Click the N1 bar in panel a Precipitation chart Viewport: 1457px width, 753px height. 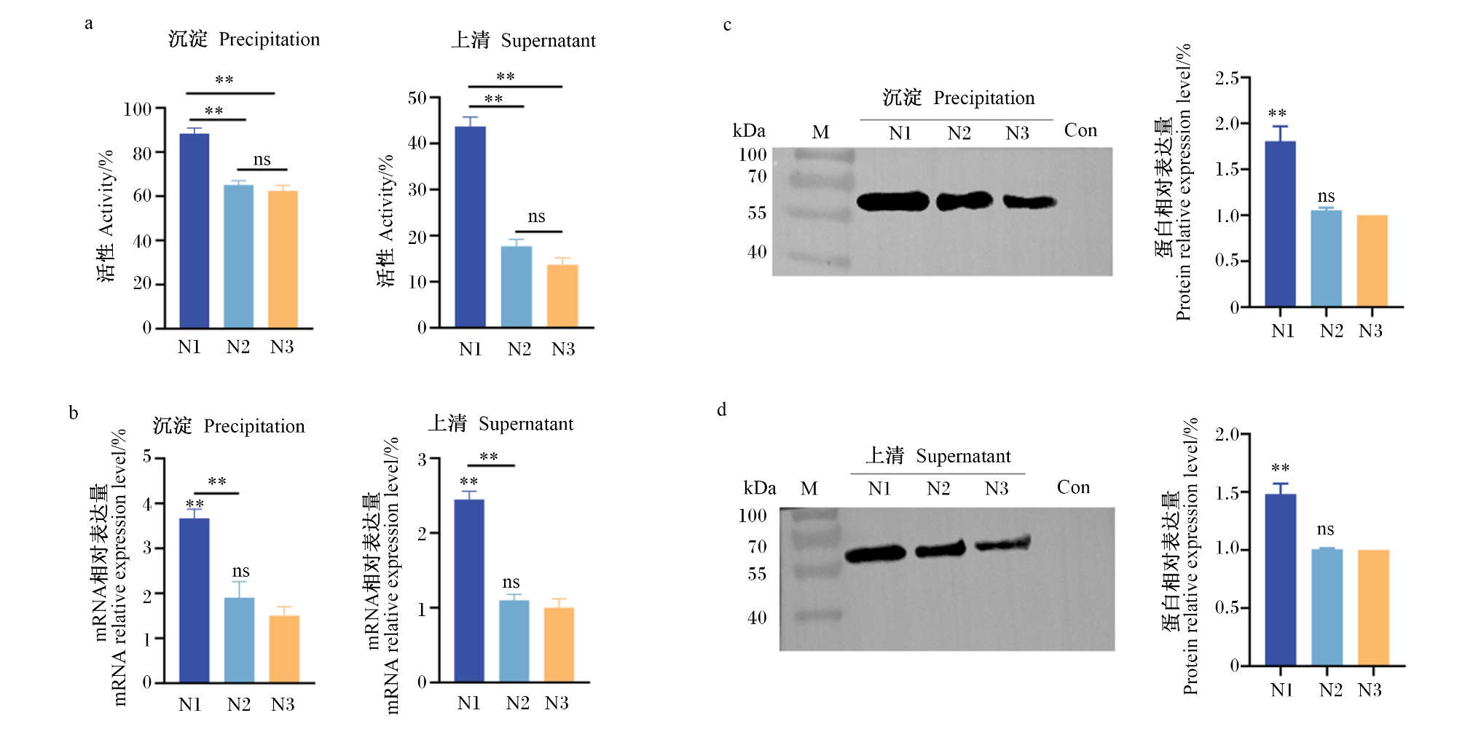(194, 231)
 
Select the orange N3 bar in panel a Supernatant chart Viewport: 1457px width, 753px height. (562, 296)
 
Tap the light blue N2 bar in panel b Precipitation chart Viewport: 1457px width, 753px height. (239, 640)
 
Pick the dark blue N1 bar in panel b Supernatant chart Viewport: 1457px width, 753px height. (469, 591)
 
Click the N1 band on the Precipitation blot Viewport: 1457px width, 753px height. (893, 201)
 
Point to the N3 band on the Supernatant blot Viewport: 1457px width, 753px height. (1003, 543)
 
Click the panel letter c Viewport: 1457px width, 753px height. (727, 25)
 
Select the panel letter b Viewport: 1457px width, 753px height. (73, 413)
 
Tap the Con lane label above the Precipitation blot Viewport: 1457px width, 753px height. (1080, 130)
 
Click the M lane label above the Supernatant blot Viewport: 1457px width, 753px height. (809, 488)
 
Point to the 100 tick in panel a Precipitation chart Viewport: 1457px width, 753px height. (137, 109)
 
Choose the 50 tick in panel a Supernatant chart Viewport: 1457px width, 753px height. (417, 98)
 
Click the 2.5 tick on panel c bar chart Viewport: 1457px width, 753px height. (1227, 78)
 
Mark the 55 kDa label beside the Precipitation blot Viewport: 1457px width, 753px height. (757, 213)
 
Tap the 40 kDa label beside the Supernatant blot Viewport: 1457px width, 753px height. (757, 618)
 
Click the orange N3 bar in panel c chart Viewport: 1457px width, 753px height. (1372, 261)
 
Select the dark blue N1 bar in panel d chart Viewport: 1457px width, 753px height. (1280, 580)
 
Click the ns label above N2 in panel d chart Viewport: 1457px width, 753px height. (1325, 529)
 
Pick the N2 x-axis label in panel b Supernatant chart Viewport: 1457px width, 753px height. (518, 703)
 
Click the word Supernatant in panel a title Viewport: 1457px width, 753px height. (549, 41)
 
